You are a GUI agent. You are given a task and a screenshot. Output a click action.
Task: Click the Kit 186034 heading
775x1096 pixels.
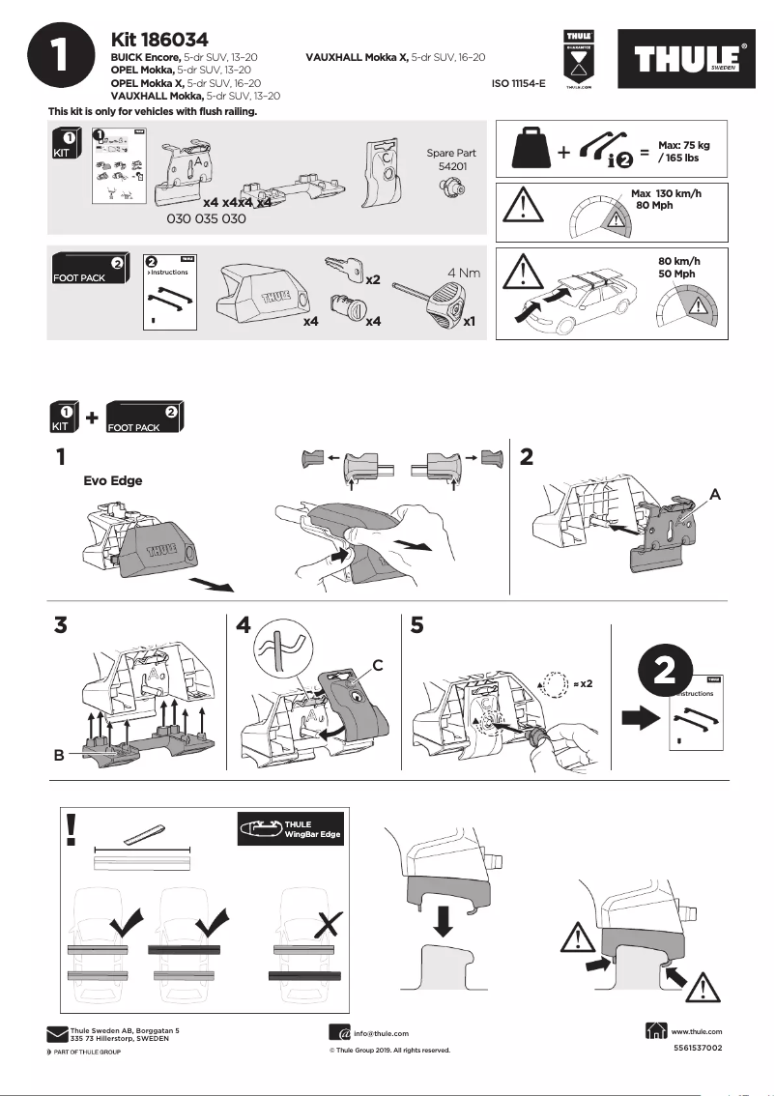pos(160,40)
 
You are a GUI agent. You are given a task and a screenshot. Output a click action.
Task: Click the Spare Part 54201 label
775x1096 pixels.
pos(451,160)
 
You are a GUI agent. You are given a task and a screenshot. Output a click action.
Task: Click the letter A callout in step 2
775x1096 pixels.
pos(714,493)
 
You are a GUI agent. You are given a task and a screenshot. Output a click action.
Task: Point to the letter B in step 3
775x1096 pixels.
pos(60,758)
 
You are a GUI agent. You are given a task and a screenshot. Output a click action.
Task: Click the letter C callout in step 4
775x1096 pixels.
pos(378,664)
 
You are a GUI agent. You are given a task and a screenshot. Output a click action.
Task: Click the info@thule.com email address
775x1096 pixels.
pos(381,1033)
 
